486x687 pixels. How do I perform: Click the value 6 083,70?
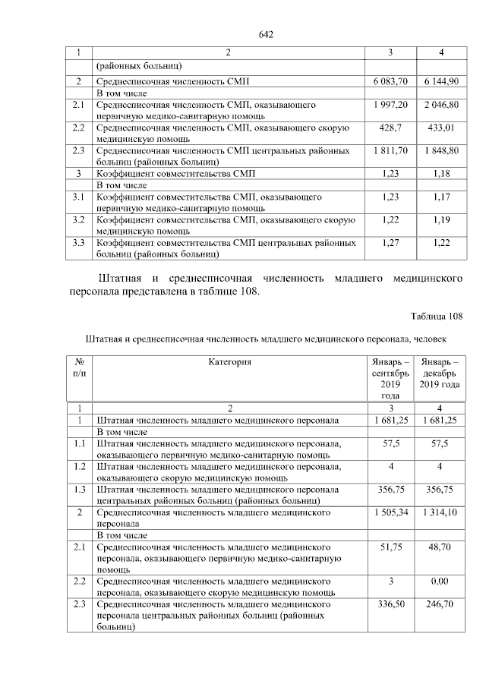coord(390,80)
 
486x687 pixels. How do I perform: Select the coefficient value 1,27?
coord(390,243)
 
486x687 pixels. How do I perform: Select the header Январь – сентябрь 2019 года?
coord(390,379)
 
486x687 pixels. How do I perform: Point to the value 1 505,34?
coord(390,513)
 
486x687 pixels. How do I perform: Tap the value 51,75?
coord(390,547)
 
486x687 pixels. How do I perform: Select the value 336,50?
coord(390,604)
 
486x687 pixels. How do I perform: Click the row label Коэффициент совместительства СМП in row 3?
coord(175,174)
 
